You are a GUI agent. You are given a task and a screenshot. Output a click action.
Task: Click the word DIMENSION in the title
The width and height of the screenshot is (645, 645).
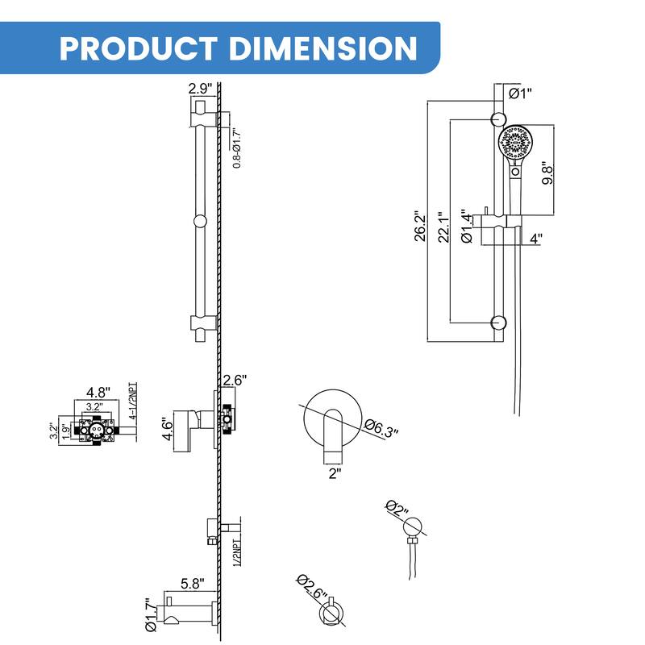(323, 48)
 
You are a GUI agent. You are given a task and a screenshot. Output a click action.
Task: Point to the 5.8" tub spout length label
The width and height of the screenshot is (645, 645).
(191, 581)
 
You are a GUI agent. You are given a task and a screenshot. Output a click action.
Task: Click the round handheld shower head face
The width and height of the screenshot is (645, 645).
(514, 145)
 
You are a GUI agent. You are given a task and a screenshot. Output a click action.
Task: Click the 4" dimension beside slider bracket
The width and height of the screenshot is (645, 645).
(536, 239)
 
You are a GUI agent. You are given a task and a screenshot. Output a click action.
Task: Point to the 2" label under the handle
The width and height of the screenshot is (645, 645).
(335, 474)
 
